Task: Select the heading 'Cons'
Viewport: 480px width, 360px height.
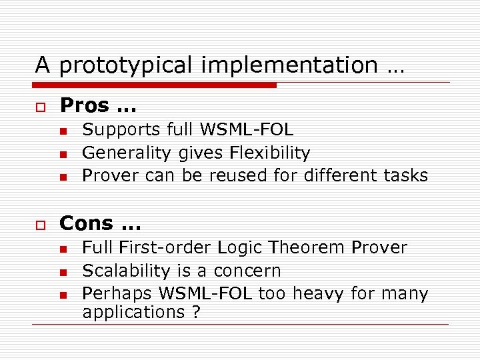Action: point(87,223)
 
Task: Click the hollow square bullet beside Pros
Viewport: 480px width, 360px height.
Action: point(40,107)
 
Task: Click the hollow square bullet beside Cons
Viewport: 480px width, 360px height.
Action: point(40,224)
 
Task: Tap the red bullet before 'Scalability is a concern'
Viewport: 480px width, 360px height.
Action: point(63,272)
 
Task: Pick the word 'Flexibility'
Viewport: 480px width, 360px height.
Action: point(269,153)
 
